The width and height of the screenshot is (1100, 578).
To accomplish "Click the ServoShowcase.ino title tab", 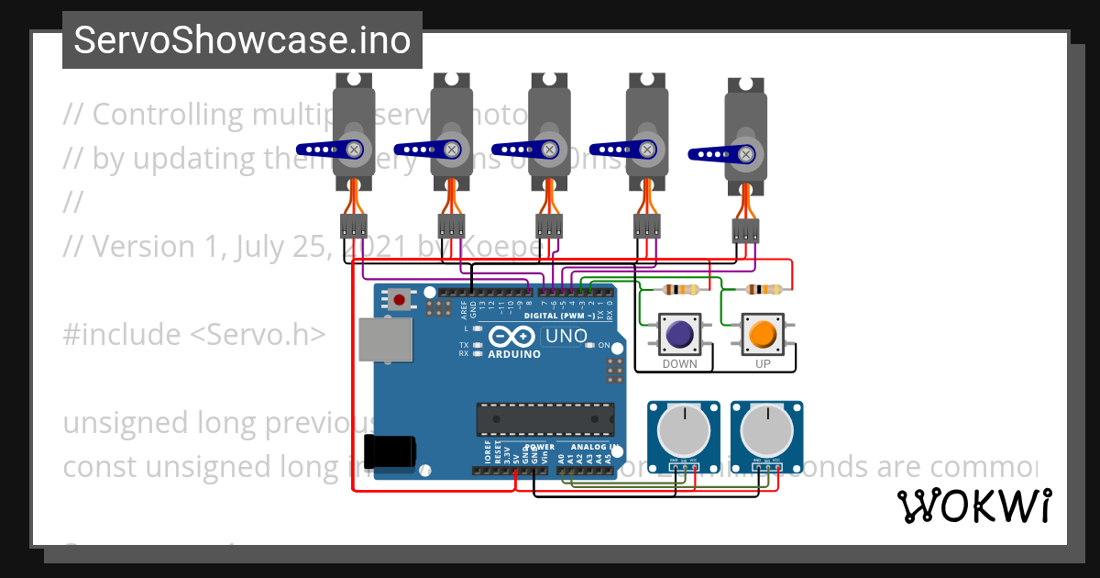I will click(x=242, y=40).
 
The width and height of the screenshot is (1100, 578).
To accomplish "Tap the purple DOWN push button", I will click(x=679, y=335).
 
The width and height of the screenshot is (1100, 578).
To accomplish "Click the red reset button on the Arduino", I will click(x=400, y=298).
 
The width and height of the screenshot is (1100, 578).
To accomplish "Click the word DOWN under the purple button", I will click(x=679, y=364).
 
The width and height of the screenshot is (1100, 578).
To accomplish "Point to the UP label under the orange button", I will click(x=763, y=364).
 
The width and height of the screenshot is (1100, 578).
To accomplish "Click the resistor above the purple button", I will click(x=680, y=290).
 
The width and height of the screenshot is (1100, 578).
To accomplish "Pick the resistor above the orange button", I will click(x=764, y=290).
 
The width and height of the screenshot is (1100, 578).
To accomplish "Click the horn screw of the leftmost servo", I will click(x=354, y=149).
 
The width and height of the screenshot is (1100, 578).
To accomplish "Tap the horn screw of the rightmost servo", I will click(x=746, y=154).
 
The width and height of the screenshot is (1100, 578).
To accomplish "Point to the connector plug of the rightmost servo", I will click(x=746, y=230).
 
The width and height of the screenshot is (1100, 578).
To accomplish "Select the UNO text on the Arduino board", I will click(x=566, y=337).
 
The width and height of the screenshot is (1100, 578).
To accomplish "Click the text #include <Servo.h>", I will click(x=193, y=335).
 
